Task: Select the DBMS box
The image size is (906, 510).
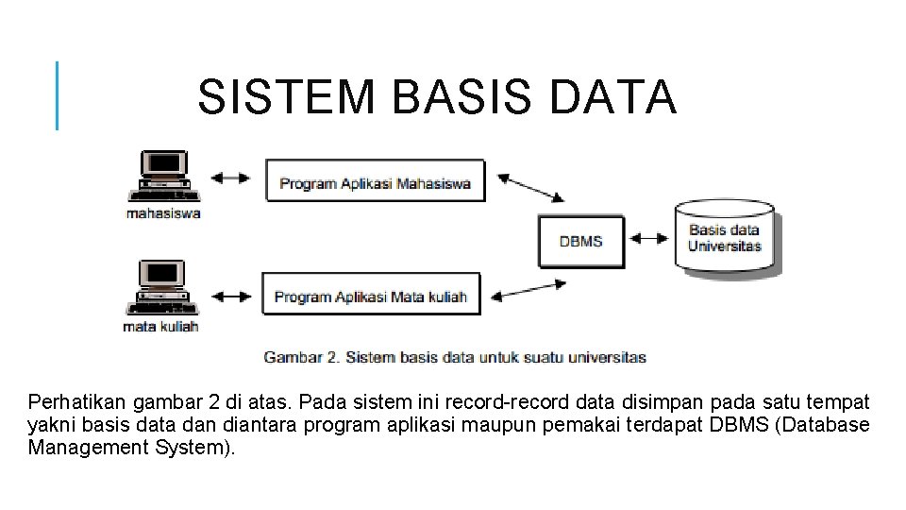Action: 580,241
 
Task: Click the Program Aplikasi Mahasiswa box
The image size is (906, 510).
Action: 375,182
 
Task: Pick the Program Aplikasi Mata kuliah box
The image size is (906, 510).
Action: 370,296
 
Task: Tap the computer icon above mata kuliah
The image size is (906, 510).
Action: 160,289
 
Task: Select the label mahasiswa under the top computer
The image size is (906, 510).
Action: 163,213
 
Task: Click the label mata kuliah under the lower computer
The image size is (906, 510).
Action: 160,327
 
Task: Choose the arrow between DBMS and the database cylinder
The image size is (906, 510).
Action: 648,240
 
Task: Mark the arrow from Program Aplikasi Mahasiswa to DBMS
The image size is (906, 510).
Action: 529,188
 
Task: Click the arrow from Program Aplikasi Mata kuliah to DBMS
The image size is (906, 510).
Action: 528,289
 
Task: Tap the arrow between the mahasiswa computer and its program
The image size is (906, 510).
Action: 230,178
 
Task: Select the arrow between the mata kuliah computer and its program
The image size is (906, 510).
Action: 230,297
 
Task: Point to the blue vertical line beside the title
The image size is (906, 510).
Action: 58,95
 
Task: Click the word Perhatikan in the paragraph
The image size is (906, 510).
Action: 75,403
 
